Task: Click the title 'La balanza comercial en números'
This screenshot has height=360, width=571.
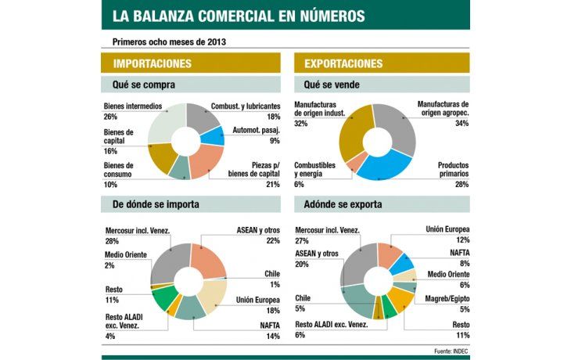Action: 238,16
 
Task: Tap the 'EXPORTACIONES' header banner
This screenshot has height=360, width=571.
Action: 343,63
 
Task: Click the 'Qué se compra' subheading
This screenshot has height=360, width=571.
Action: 138,85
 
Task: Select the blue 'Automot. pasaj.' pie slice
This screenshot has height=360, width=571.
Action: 211,135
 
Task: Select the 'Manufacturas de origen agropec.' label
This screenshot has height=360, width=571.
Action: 443,112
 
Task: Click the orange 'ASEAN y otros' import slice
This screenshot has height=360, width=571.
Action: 210,258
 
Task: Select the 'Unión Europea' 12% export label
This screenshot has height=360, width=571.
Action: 447,234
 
